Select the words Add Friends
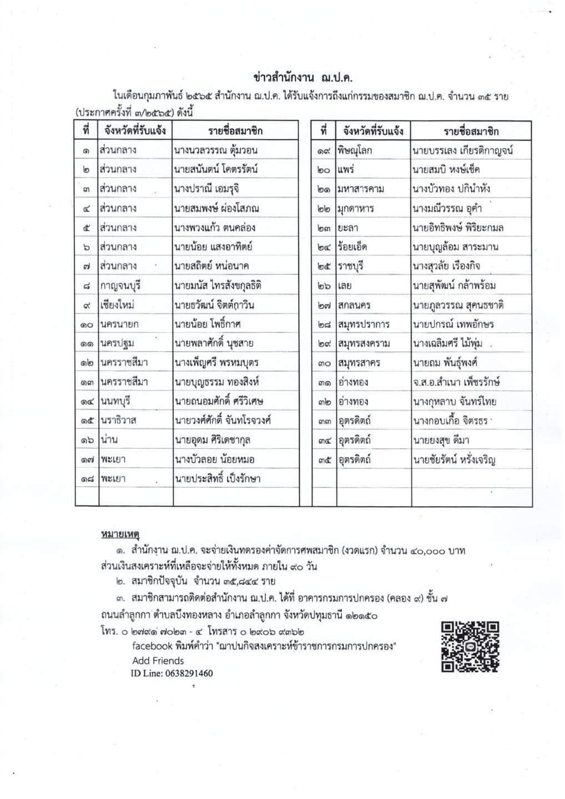158,660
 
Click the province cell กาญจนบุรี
120,286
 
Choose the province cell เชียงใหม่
118,305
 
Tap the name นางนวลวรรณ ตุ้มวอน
215,150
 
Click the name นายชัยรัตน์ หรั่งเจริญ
454,459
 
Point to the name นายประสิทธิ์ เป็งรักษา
217,478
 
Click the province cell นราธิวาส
118,421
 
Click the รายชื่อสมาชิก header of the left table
236,131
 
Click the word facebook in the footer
150,645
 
